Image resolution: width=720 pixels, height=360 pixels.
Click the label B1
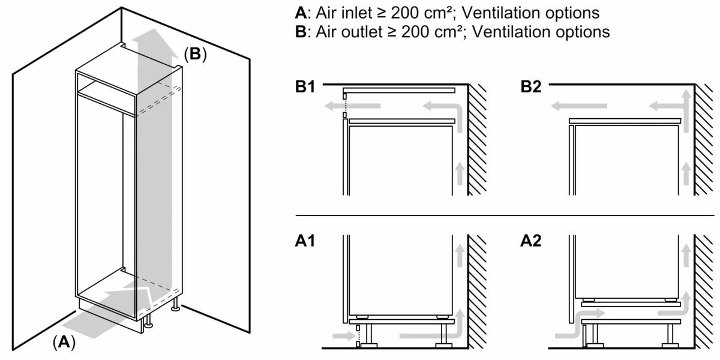304,88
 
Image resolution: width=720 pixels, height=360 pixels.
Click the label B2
531,88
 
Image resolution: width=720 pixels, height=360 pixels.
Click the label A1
304,241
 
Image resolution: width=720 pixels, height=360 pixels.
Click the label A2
531,241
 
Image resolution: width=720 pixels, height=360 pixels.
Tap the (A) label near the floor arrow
64,343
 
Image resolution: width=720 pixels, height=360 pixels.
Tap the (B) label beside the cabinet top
194,55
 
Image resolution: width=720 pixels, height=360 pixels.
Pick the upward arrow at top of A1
459,256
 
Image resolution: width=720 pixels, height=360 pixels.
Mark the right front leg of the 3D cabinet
176,306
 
